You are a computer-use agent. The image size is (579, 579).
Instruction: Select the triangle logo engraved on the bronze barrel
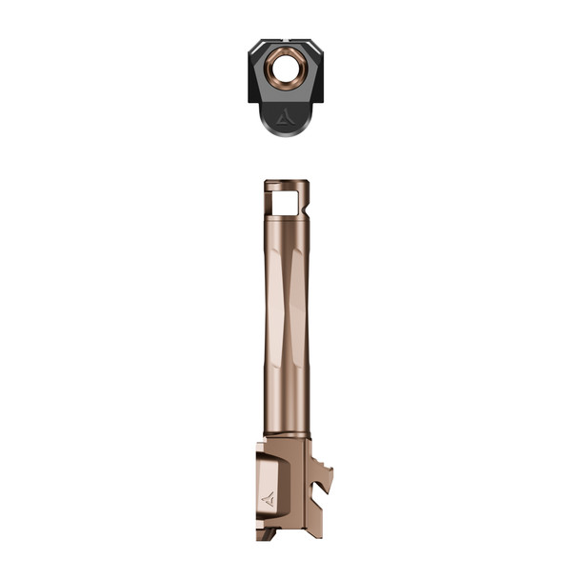point(268,497)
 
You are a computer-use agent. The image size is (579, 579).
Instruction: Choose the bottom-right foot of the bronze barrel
point(303,534)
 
